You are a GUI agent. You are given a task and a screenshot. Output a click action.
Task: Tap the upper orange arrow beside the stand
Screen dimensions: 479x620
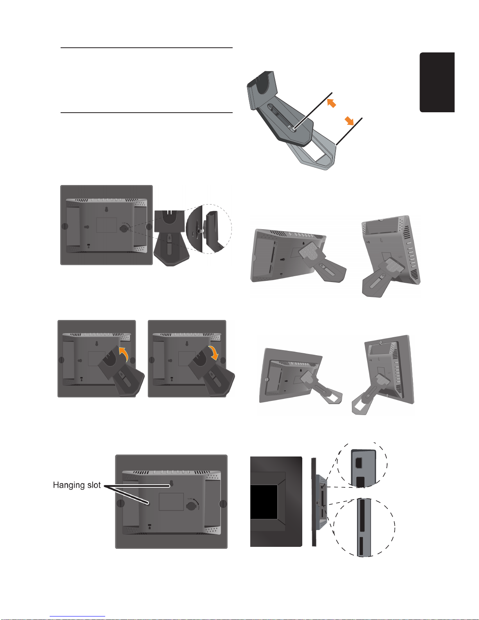331,103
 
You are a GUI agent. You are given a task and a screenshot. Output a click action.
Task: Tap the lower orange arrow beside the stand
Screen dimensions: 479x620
349,121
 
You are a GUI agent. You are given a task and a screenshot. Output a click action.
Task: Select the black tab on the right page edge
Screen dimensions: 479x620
437,82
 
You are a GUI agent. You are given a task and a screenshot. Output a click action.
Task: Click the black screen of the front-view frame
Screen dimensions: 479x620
264,502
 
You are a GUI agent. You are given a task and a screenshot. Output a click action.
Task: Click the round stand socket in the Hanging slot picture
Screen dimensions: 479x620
191,505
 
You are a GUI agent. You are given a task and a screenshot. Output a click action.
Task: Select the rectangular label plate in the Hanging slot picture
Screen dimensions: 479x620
171,501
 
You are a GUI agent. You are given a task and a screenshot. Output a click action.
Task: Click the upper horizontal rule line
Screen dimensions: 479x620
147,48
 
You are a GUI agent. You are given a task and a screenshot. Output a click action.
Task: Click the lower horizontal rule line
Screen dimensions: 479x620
147,113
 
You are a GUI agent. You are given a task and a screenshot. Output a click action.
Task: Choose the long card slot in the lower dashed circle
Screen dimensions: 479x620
362,515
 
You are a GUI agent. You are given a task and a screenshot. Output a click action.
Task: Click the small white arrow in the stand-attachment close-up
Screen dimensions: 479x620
199,230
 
